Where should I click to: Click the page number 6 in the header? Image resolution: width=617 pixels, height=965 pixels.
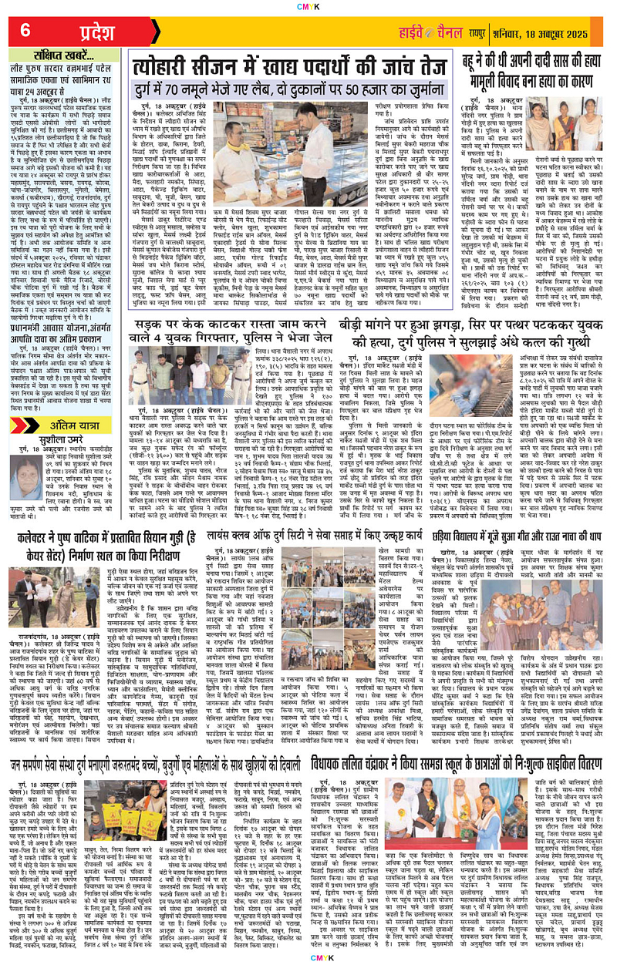coord(25,30)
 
